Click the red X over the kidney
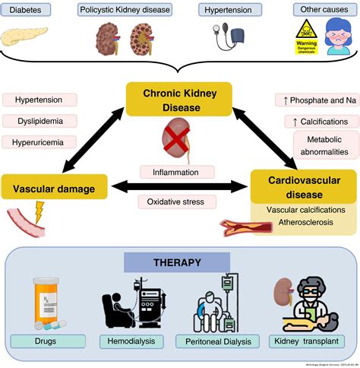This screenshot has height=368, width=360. pos(177,142)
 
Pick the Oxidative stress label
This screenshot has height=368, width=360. pos(176,201)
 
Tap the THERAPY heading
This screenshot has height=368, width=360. pos(174,263)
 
